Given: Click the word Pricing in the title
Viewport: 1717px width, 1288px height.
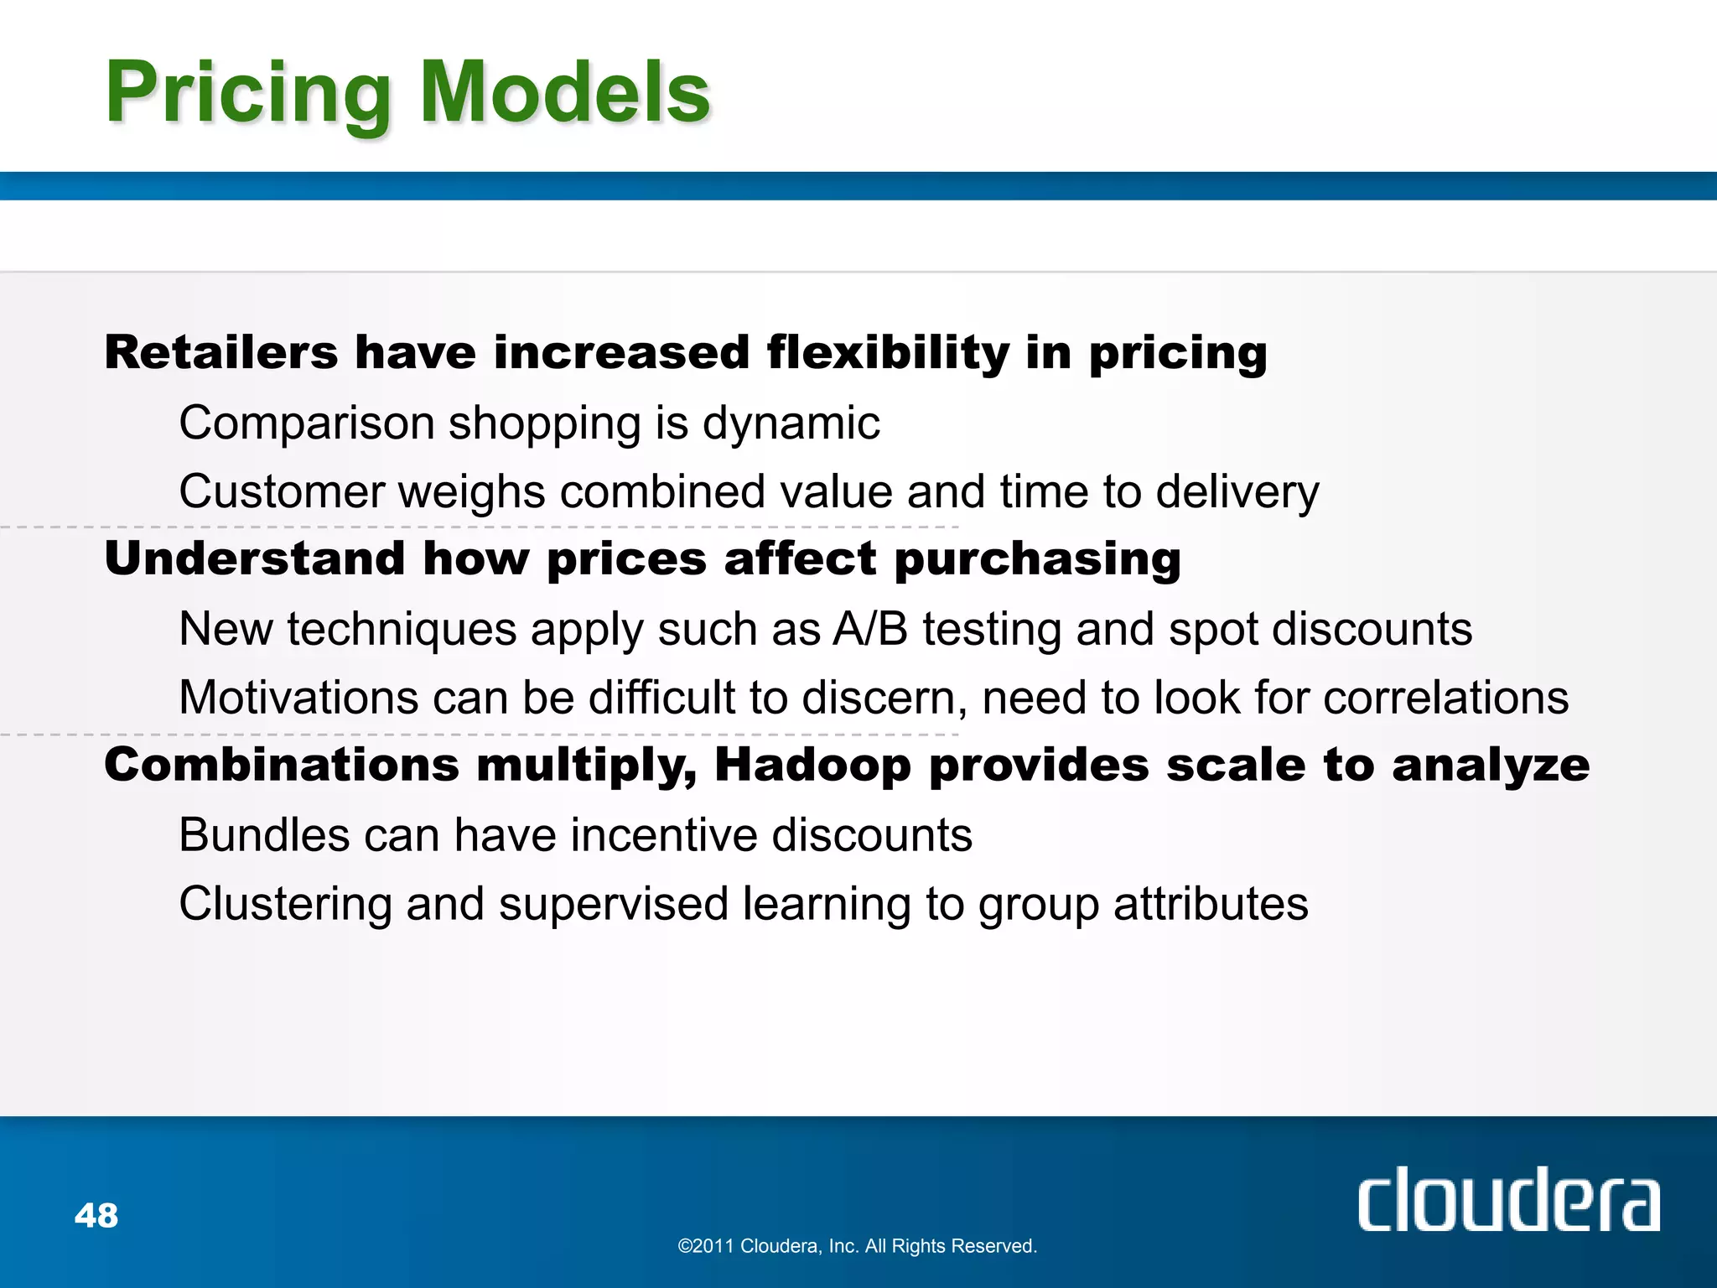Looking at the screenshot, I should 248,94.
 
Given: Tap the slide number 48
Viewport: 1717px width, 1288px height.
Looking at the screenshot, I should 96,1215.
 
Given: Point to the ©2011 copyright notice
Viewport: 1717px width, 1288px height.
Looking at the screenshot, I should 857,1246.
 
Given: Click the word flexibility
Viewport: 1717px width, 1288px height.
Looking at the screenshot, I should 888,352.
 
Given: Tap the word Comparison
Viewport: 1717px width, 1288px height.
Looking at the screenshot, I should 306,423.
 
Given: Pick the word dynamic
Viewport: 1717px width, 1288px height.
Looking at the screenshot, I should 791,423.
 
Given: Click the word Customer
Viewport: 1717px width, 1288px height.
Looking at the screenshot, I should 281,491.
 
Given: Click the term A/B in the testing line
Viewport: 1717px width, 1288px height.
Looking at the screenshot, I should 869,629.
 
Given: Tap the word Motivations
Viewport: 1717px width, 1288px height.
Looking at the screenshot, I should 298,698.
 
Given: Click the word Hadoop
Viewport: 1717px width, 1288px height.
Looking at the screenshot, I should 812,766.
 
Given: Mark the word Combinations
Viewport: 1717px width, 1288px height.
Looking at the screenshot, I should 282,766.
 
